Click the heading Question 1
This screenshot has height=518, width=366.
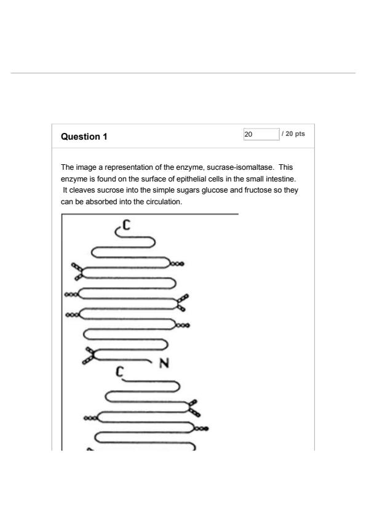click(84, 137)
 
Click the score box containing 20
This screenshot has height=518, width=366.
click(261, 134)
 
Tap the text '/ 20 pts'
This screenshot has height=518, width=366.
click(293, 133)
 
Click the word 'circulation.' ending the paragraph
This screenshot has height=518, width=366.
click(164, 202)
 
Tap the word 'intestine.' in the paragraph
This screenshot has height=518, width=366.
click(280, 179)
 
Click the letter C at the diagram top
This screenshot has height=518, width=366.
click(126, 225)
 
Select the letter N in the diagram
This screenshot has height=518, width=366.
click(164, 363)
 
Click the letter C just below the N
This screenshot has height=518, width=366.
click(119, 372)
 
